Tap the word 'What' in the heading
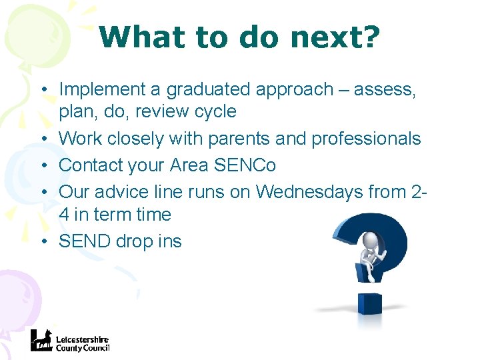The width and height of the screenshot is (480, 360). point(137,38)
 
